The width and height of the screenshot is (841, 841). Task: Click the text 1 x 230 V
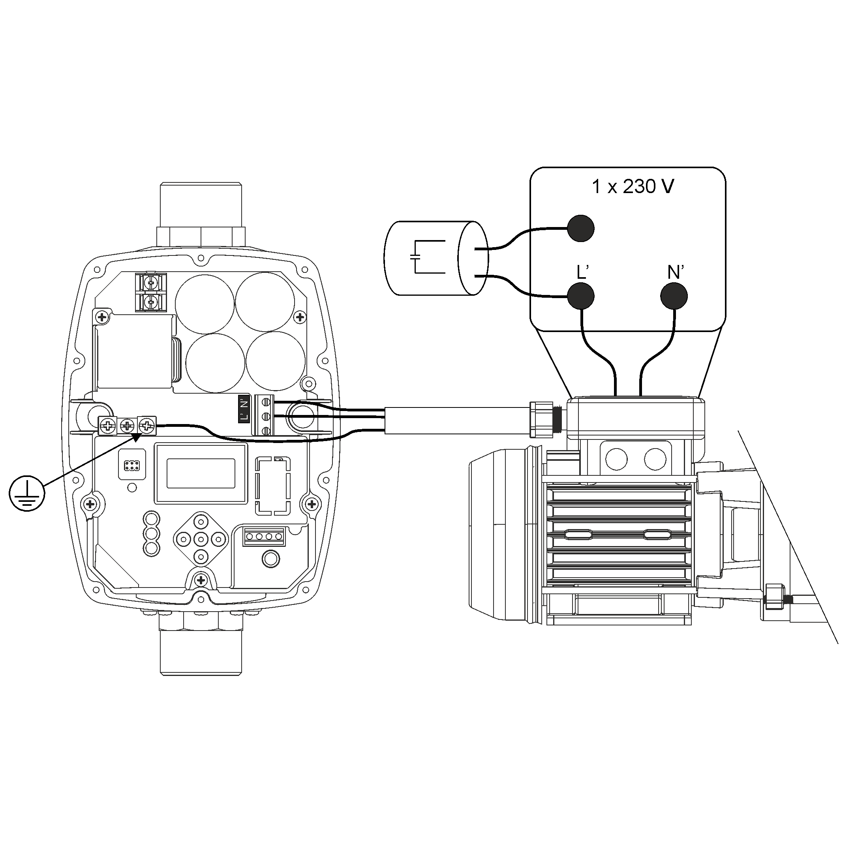(633, 187)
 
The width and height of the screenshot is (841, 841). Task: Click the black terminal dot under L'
(581, 296)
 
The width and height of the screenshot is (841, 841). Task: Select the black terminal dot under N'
(674, 296)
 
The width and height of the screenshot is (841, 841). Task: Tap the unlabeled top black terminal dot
(581, 228)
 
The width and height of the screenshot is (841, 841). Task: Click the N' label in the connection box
(675, 272)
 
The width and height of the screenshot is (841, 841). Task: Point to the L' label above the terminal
(582, 272)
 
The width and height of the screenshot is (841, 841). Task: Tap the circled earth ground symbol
(27, 493)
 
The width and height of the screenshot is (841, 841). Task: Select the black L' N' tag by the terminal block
(244, 409)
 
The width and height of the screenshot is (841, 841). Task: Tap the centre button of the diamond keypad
(201, 539)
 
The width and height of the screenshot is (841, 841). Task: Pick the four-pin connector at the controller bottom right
(264, 537)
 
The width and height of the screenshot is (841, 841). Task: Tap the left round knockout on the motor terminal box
(616, 459)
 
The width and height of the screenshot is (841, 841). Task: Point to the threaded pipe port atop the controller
(201, 204)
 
